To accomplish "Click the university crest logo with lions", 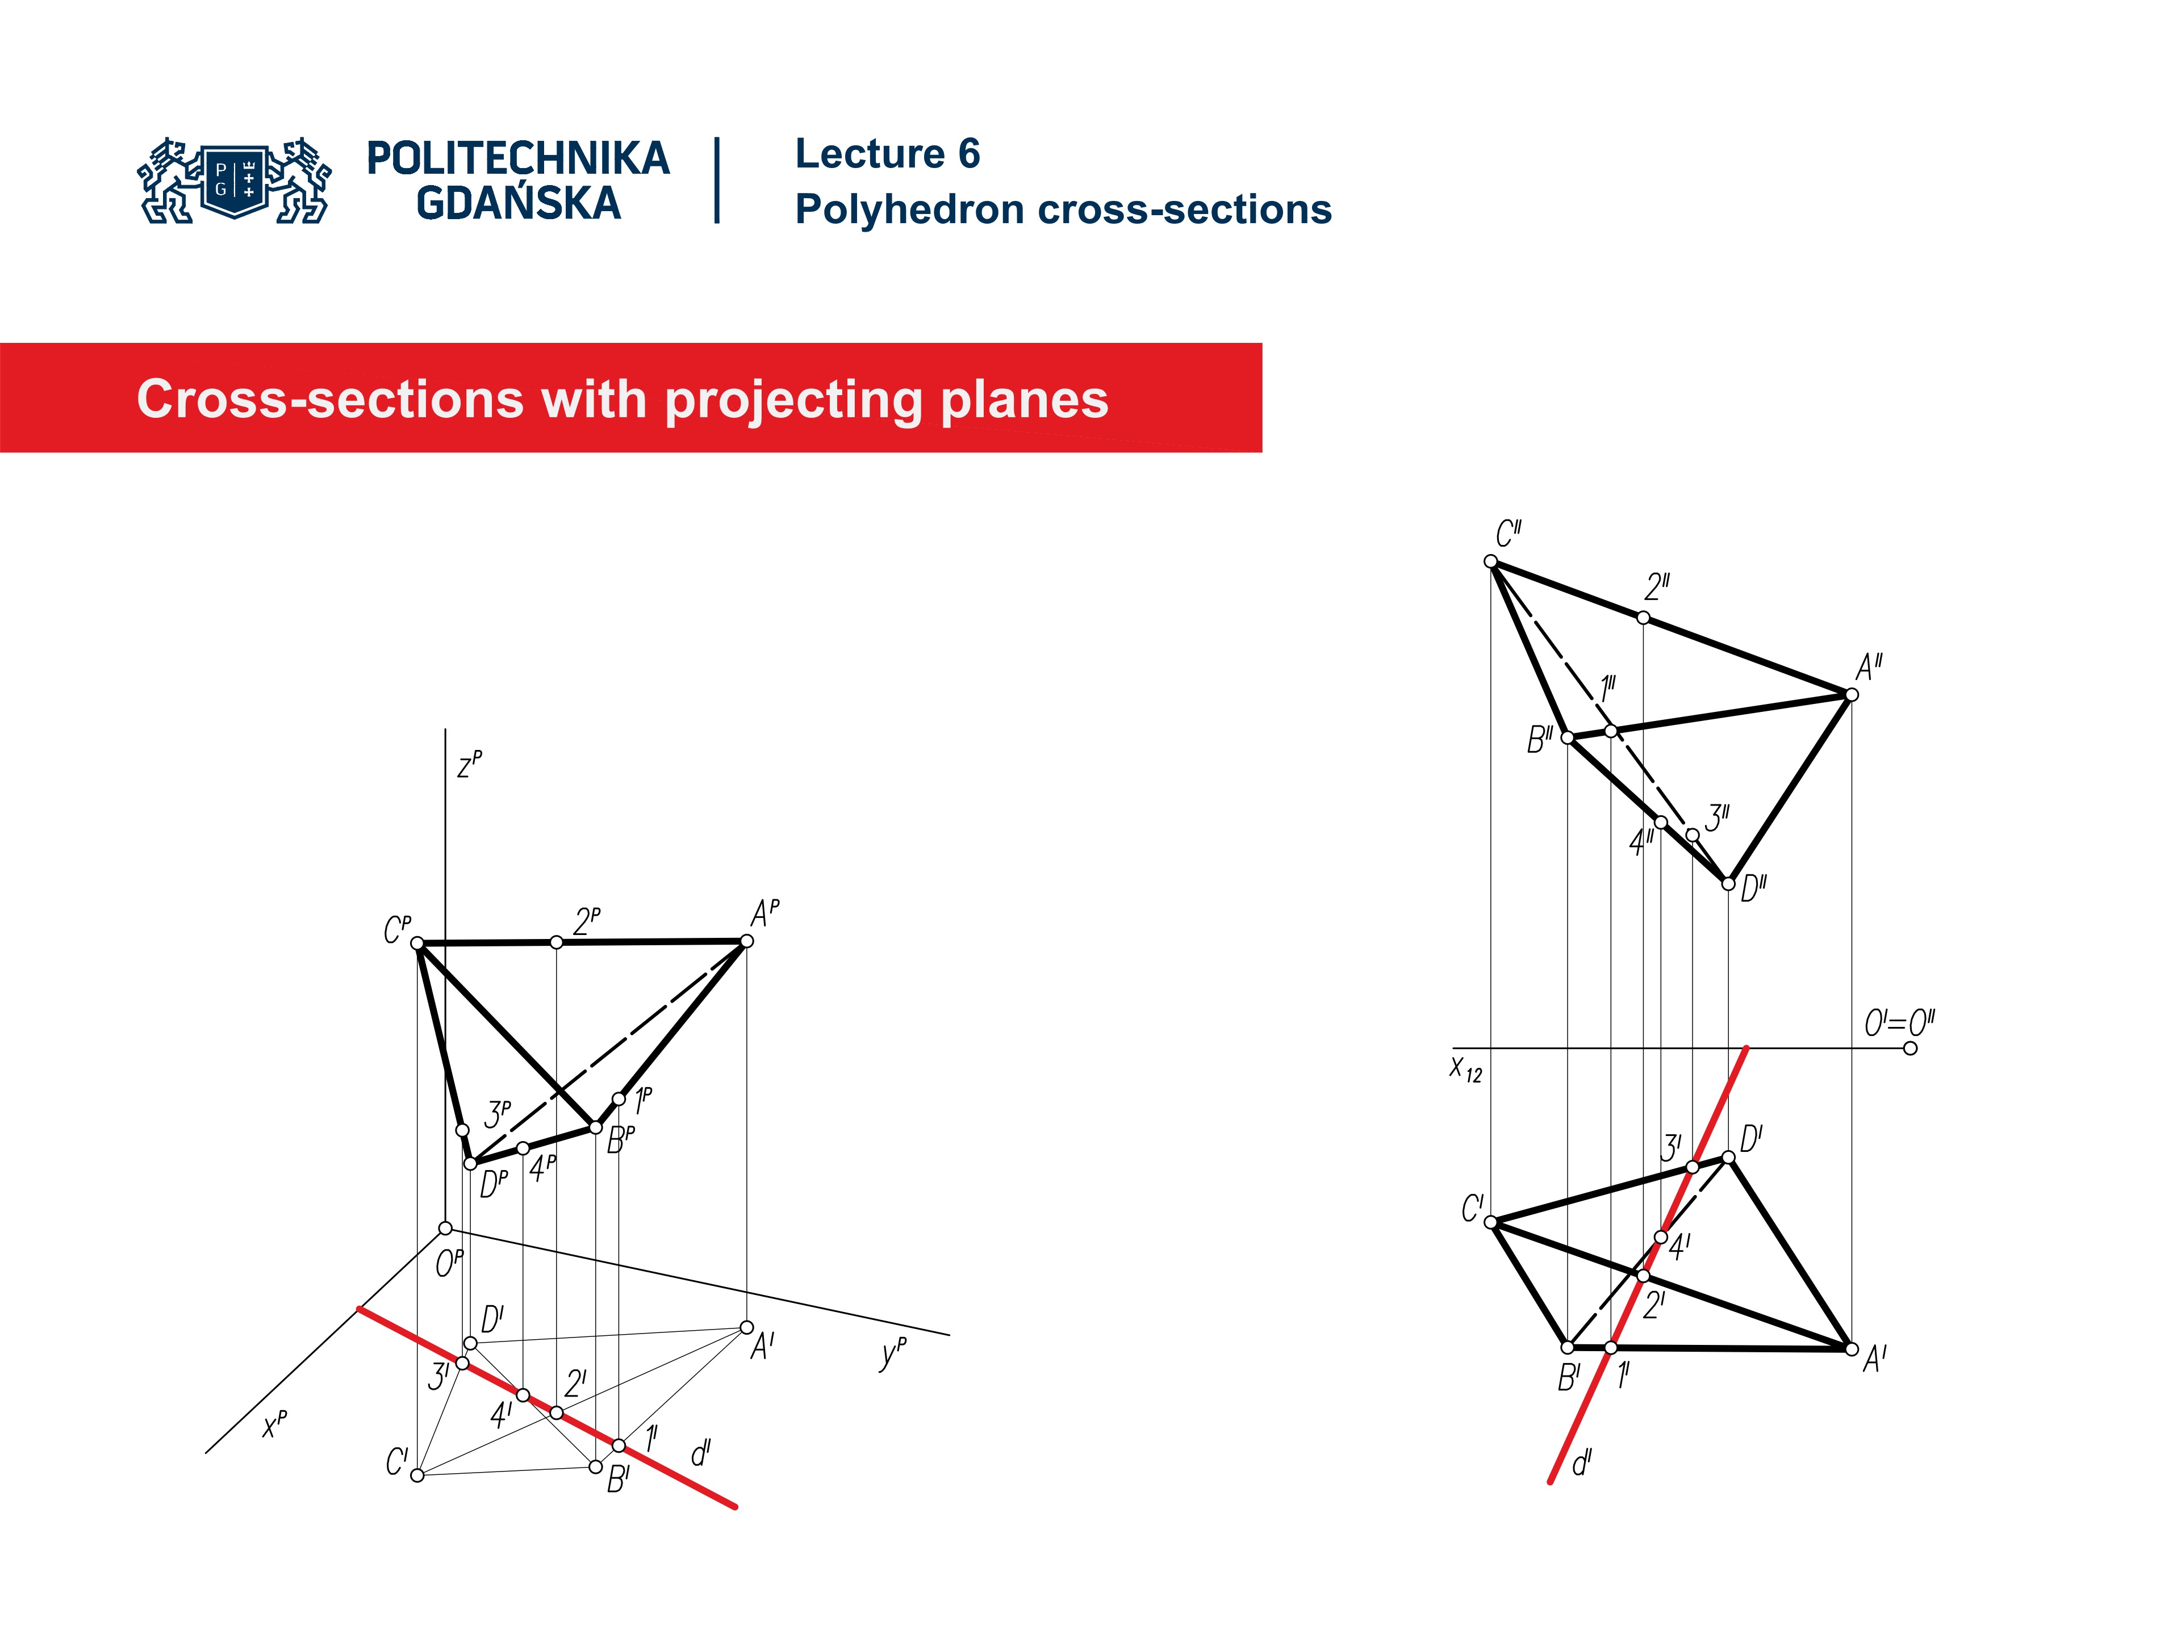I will point(235,181).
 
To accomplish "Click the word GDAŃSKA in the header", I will point(519,203).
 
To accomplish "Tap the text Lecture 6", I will point(887,154).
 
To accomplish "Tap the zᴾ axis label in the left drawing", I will point(469,764).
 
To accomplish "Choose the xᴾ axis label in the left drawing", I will point(275,1423).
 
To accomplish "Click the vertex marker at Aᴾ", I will point(746,941).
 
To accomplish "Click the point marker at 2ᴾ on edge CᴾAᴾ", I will point(556,942).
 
